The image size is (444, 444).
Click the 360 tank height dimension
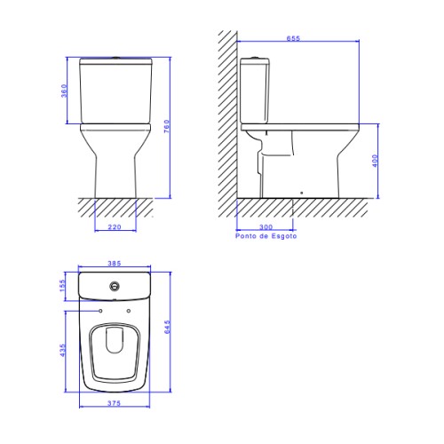point(64,91)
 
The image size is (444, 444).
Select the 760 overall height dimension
point(167,126)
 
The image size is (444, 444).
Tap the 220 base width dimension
point(115,227)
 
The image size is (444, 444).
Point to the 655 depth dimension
point(293,38)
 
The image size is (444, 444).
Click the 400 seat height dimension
point(375,161)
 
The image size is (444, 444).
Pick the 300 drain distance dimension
point(266,227)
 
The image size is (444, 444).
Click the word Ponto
point(245,236)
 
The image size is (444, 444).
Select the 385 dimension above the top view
point(115,263)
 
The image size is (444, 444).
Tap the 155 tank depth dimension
point(62,285)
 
